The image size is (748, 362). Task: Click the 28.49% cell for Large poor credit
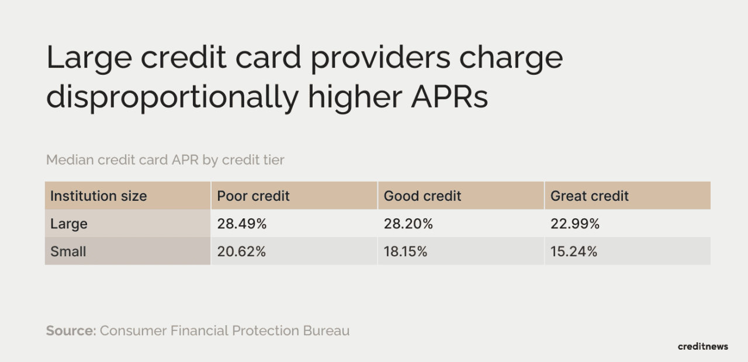(x=241, y=224)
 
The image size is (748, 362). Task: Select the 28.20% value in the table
(x=408, y=224)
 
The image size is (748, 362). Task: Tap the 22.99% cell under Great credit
(x=575, y=224)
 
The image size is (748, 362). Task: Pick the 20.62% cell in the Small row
(x=241, y=252)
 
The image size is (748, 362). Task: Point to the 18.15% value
(x=406, y=252)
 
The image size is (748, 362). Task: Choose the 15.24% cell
(x=574, y=252)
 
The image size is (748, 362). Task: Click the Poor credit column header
(x=253, y=196)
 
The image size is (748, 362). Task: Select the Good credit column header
(x=423, y=196)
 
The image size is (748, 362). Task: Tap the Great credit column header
(x=590, y=196)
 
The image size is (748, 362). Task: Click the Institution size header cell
(x=98, y=196)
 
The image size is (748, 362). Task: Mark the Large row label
(x=69, y=224)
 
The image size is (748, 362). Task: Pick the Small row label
(x=68, y=252)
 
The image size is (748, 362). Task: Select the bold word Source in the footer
(x=71, y=330)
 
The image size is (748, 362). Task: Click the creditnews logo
(x=703, y=346)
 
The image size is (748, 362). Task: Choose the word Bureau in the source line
(x=326, y=330)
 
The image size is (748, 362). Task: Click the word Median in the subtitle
(x=68, y=160)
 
